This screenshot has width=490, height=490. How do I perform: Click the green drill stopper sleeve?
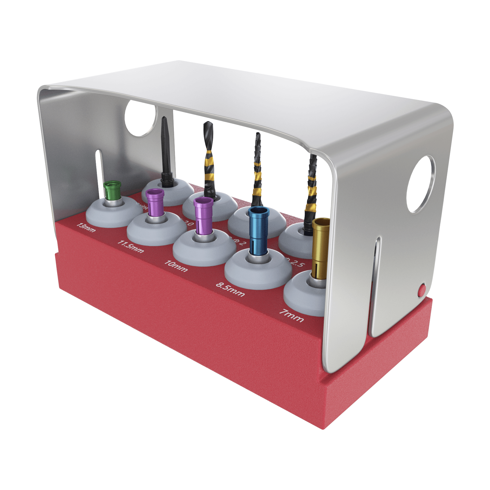click(x=112, y=191)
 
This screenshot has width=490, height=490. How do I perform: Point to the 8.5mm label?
click(x=230, y=289)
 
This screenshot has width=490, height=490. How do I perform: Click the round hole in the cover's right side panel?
click(x=420, y=184)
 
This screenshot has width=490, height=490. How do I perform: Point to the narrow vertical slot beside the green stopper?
click(x=98, y=167)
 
